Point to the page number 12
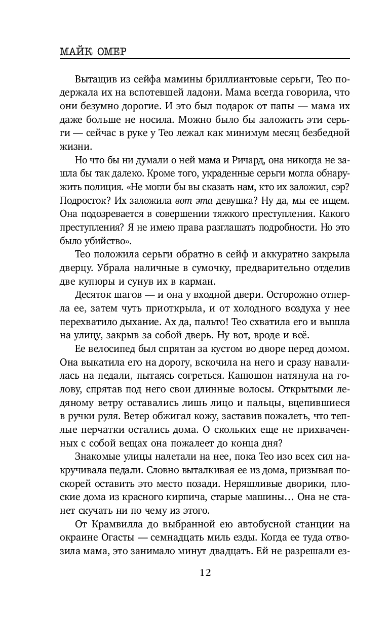pyautogui.click(x=205, y=572)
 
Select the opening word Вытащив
pyautogui.click(x=96, y=80)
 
